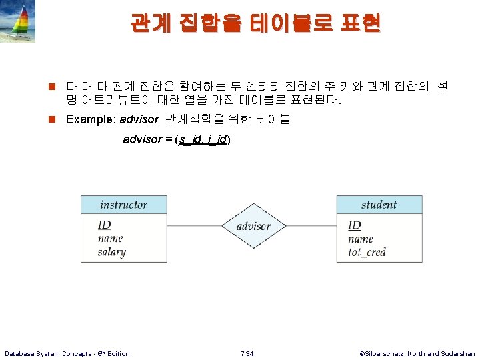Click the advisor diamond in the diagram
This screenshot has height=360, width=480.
[253, 226]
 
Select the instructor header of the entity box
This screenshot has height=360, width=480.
[123, 205]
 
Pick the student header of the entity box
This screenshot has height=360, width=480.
[379, 205]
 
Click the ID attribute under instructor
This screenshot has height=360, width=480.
[104, 225]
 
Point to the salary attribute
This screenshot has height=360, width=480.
[111, 252]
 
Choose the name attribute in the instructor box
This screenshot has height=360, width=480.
[110, 238]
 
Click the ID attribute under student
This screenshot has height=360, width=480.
[355, 225]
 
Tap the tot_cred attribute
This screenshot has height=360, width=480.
[367, 252]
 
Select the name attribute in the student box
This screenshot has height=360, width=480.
[361, 239]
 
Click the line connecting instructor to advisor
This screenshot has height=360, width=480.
[193, 226]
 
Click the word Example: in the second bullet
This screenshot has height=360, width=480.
[89, 119]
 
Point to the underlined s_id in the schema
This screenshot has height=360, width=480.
[190, 139]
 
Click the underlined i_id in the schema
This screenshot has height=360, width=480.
[217, 139]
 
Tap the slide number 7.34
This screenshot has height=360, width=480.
[247, 353]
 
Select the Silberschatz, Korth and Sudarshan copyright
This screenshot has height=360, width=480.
[417, 353]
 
